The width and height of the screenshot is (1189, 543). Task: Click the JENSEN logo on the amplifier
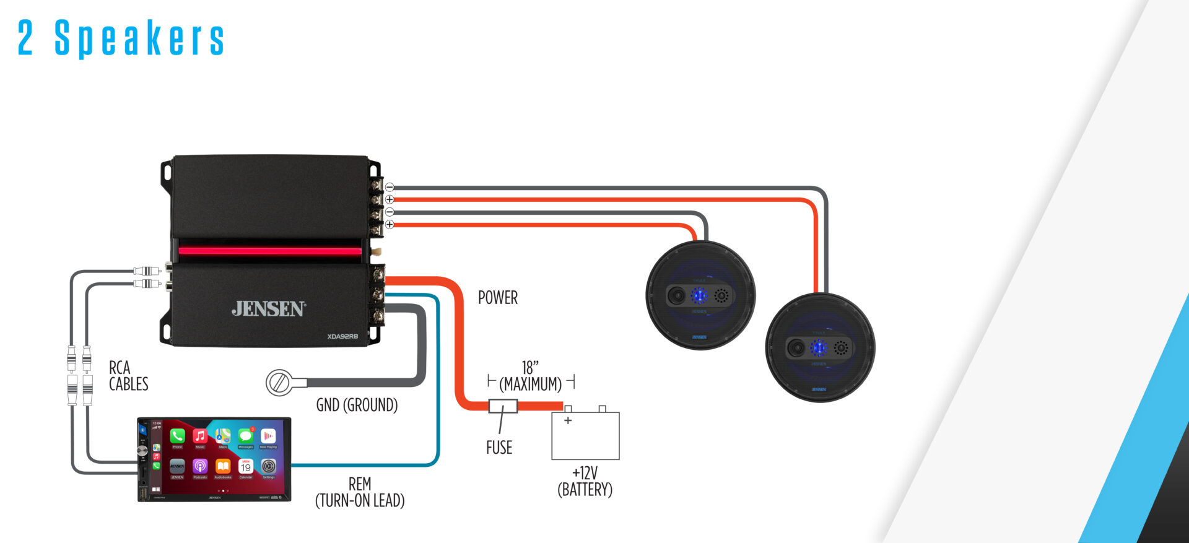(x=269, y=309)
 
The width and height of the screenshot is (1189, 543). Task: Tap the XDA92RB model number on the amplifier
(x=342, y=336)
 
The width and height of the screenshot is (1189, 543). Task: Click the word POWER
(x=497, y=298)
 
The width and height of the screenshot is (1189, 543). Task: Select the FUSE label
(x=499, y=448)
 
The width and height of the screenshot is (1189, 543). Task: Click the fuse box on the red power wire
(x=503, y=406)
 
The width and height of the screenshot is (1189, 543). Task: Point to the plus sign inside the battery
(x=568, y=420)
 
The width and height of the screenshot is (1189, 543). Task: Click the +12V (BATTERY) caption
(x=585, y=482)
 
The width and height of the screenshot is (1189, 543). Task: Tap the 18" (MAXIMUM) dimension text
(x=531, y=376)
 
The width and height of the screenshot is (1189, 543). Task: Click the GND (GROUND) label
(x=357, y=405)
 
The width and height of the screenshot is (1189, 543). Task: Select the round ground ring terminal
(x=279, y=383)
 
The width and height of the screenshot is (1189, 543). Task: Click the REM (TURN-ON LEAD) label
(x=360, y=492)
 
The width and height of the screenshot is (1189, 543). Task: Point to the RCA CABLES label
(x=128, y=376)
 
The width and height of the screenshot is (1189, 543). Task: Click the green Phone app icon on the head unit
(x=177, y=436)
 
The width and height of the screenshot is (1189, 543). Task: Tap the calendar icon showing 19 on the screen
(x=246, y=466)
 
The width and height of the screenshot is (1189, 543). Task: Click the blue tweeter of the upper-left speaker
(x=699, y=295)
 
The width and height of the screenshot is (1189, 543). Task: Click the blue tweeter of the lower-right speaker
(x=819, y=347)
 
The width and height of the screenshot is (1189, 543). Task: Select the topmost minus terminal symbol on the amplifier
(x=390, y=187)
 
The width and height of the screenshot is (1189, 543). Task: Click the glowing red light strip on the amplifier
(x=270, y=251)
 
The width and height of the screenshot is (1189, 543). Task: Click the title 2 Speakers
(x=121, y=38)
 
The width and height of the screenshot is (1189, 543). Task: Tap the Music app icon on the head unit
(x=199, y=436)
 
